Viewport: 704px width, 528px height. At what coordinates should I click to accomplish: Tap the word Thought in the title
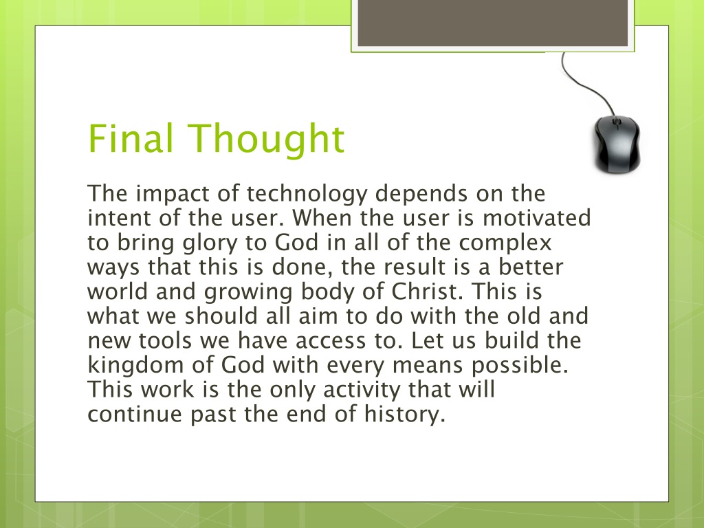[x=266, y=140]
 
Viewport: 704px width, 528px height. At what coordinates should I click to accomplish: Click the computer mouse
[x=617, y=144]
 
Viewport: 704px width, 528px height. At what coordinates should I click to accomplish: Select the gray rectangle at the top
[x=492, y=23]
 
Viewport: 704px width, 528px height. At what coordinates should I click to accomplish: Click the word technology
[x=307, y=194]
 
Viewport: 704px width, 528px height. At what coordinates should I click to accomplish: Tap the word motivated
[x=536, y=218]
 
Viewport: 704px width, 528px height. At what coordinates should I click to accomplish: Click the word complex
[x=505, y=243]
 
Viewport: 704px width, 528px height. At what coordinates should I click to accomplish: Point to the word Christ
[x=427, y=291]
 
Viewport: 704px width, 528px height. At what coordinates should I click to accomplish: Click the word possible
[x=520, y=364]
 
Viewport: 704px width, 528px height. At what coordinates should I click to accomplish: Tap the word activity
[x=362, y=390]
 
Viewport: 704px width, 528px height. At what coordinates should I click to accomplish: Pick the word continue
[x=135, y=414]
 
